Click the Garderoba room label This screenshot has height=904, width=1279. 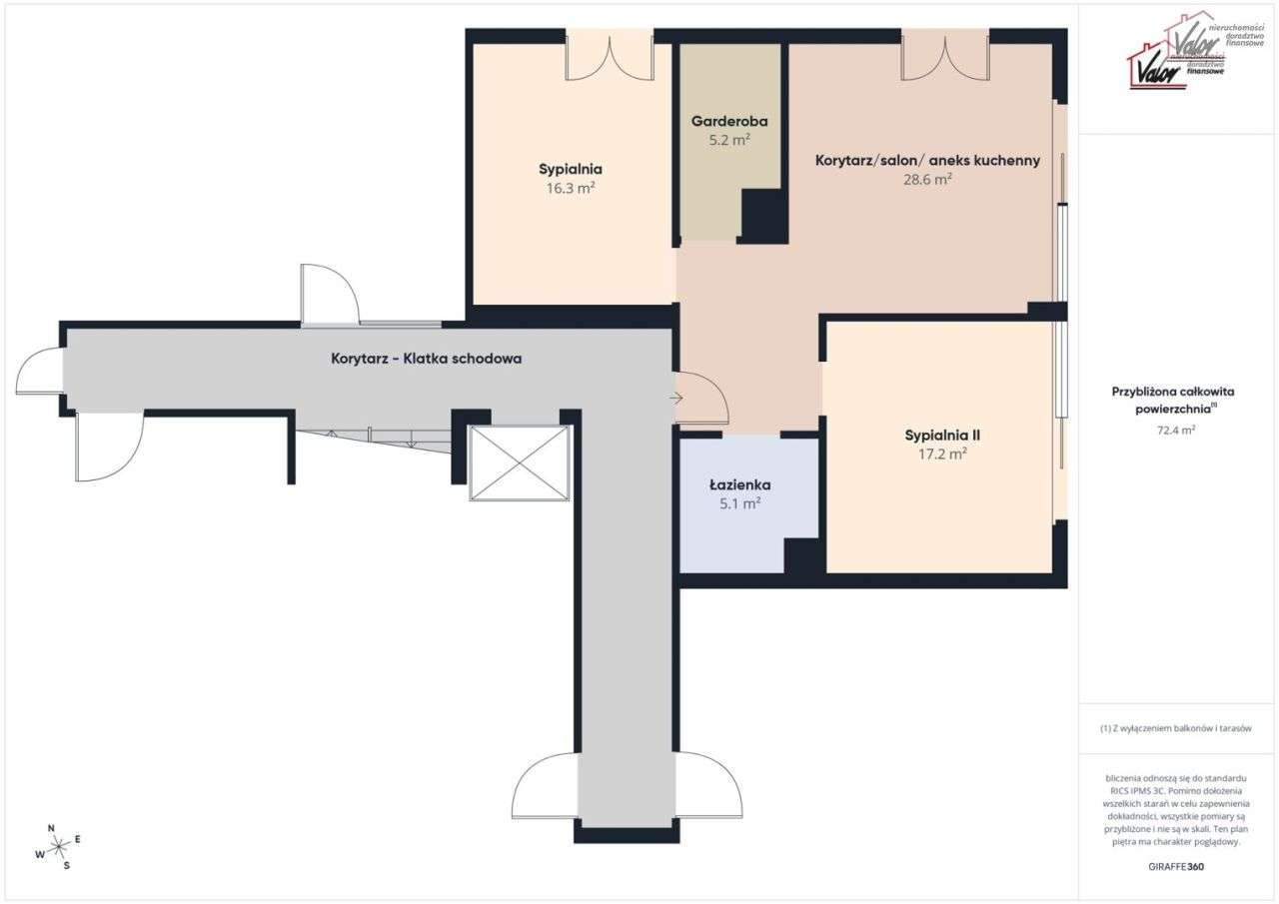click(x=729, y=122)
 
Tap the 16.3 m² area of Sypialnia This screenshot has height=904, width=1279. click(x=571, y=188)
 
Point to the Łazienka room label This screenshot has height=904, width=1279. click(x=739, y=485)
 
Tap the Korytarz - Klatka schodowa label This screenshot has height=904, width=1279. click(x=427, y=359)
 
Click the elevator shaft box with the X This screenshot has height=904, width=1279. click(x=520, y=462)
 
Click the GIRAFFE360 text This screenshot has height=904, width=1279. click(x=1176, y=867)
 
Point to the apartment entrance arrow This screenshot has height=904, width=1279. click(x=676, y=399)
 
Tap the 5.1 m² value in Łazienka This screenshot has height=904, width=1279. click(x=739, y=504)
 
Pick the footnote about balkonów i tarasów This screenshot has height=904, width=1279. click(x=1175, y=729)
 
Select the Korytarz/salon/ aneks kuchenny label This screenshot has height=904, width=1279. click(x=927, y=160)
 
